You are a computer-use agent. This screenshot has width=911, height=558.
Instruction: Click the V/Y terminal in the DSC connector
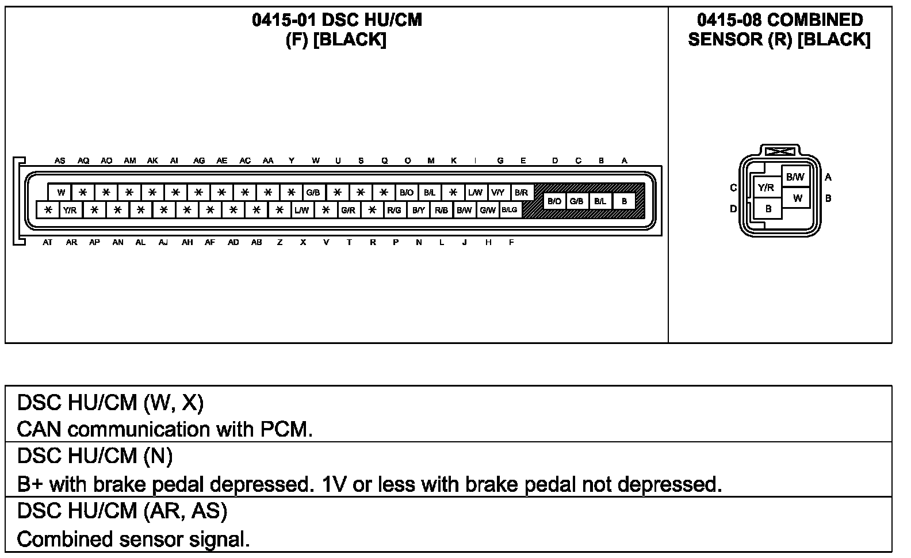click(x=498, y=193)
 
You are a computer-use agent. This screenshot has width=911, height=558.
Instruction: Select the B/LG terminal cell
click(x=510, y=210)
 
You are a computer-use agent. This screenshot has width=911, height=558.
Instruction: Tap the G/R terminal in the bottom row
click(x=348, y=211)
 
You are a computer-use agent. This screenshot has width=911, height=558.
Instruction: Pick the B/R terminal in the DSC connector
click(x=522, y=193)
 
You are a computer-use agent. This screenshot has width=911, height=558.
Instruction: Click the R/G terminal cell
click(x=394, y=211)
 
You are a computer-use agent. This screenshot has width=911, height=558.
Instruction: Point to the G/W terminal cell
click(x=488, y=211)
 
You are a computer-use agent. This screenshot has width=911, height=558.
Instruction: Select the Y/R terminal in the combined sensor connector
click(x=766, y=188)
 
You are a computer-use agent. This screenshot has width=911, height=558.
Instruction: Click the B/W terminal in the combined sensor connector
click(x=795, y=177)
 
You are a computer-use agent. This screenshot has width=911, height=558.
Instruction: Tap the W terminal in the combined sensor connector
click(x=798, y=198)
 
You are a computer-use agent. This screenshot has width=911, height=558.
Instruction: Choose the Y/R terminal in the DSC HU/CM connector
click(x=70, y=211)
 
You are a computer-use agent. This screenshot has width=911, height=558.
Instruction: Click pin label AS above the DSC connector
click(x=60, y=161)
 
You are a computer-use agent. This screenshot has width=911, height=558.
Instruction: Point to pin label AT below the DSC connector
click(x=47, y=243)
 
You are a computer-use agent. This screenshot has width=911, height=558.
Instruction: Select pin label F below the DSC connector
click(x=511, y=243)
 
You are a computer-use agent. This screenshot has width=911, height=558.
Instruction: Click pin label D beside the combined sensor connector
click(x=733, y=209)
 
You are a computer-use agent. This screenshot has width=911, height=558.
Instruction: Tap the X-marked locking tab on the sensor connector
click(x=780, y=151)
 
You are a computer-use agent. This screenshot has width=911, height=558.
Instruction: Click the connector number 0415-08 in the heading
click(x=729, y=20)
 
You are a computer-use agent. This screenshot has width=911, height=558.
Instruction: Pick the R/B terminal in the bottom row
click(x=441, y=211)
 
